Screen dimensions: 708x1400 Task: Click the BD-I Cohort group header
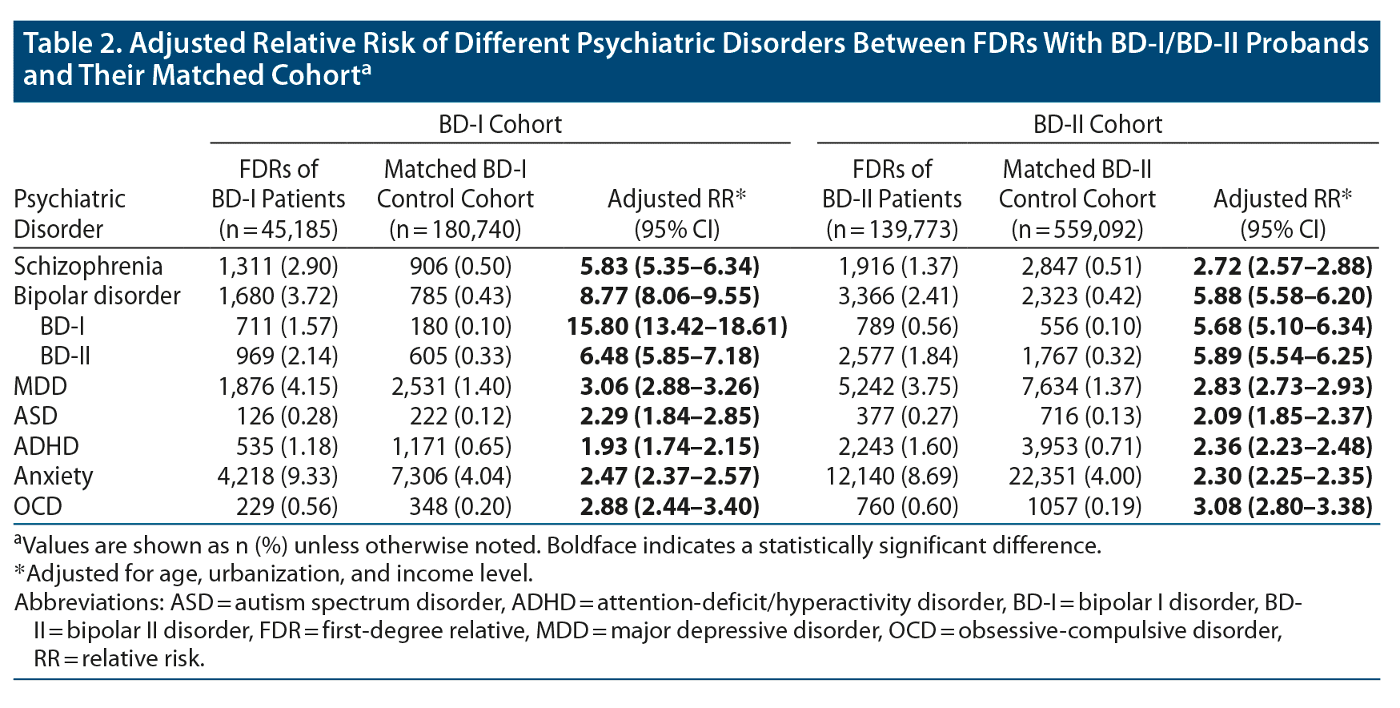(499, 124)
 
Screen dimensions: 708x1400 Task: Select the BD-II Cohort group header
(1097, 124)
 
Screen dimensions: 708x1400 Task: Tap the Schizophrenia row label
(88, 266)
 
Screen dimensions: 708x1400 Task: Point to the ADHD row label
(46, 446)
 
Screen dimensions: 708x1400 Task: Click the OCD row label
(38, 506)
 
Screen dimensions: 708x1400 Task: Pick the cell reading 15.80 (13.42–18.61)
(676, 326)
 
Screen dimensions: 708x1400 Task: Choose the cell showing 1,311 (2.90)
(278, 266)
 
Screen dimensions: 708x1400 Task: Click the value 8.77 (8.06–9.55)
(669, 296)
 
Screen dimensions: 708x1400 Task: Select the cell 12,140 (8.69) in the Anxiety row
(892, 477)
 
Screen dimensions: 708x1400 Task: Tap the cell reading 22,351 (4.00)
(1074, 477)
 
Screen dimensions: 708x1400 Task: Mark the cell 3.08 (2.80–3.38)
(1282, 506)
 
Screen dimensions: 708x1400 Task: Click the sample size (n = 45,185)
(278, 230)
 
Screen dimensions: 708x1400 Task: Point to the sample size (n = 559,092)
(1077, 230)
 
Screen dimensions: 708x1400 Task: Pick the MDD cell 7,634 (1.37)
(1081, 386)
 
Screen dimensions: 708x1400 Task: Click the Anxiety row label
(54, 477)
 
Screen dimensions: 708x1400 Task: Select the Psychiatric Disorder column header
(70, 214)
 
